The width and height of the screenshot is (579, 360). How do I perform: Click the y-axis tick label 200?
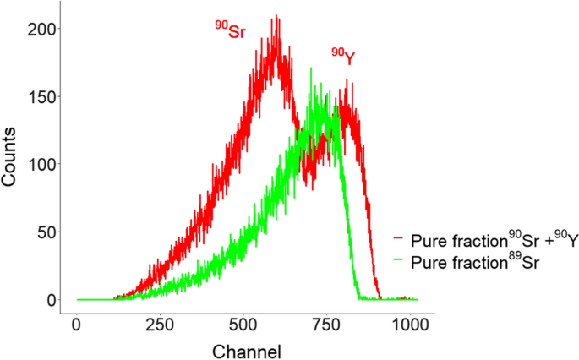coord(39,29)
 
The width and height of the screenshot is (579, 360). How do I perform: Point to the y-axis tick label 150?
coord(39,96)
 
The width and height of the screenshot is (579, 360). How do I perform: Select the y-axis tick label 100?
coord(39,164)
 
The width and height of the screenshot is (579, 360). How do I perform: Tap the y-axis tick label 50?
coord(43,232)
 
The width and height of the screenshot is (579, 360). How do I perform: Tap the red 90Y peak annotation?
coord(342,57)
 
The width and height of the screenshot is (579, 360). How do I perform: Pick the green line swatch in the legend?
coord(397,263)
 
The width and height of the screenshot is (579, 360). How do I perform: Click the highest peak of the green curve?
coord(312,68)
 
